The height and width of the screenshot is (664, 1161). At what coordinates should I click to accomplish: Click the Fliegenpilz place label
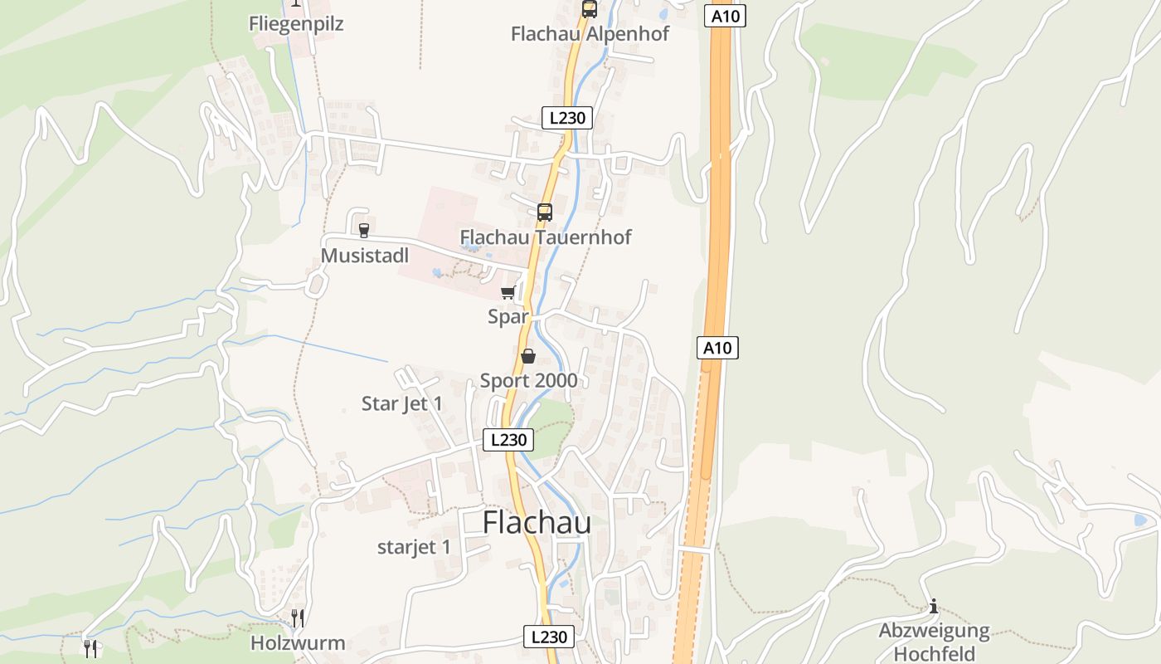click(296, 24)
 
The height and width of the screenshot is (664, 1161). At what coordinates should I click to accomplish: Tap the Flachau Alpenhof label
click(590, 34)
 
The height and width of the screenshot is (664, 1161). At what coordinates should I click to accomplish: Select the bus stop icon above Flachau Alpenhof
click(589, 9)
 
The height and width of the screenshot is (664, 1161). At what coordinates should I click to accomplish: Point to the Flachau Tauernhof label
click(546, 237)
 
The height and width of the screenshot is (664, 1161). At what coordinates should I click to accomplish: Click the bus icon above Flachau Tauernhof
click(544, 212)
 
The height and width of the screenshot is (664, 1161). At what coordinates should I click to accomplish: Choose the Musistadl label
click(365, 255)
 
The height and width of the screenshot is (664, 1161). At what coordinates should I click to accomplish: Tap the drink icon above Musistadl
click(363, 230)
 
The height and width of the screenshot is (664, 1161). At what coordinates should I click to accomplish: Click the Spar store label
click(508, 316)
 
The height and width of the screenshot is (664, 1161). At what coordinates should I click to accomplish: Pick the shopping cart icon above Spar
click(508, 292)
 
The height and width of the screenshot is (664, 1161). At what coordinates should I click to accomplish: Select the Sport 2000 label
click(529, 381)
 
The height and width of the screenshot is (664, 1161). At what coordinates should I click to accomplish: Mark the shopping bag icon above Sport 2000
click(528, 356)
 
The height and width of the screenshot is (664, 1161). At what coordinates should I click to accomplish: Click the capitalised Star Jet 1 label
click(402, 404)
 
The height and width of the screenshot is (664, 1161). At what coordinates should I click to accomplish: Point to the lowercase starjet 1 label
click(414, 547)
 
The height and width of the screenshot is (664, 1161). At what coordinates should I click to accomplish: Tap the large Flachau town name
click(537, 523)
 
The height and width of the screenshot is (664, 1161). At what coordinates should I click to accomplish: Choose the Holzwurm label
click(298, 643)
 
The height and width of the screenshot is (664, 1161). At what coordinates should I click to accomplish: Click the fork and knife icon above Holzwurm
click(298, 618)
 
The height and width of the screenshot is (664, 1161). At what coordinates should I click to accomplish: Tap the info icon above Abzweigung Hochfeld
click(934, 606)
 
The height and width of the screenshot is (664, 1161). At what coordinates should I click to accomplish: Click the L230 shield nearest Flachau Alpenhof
click(567, 118)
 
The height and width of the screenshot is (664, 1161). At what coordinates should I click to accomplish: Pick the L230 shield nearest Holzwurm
click(549, 637)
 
